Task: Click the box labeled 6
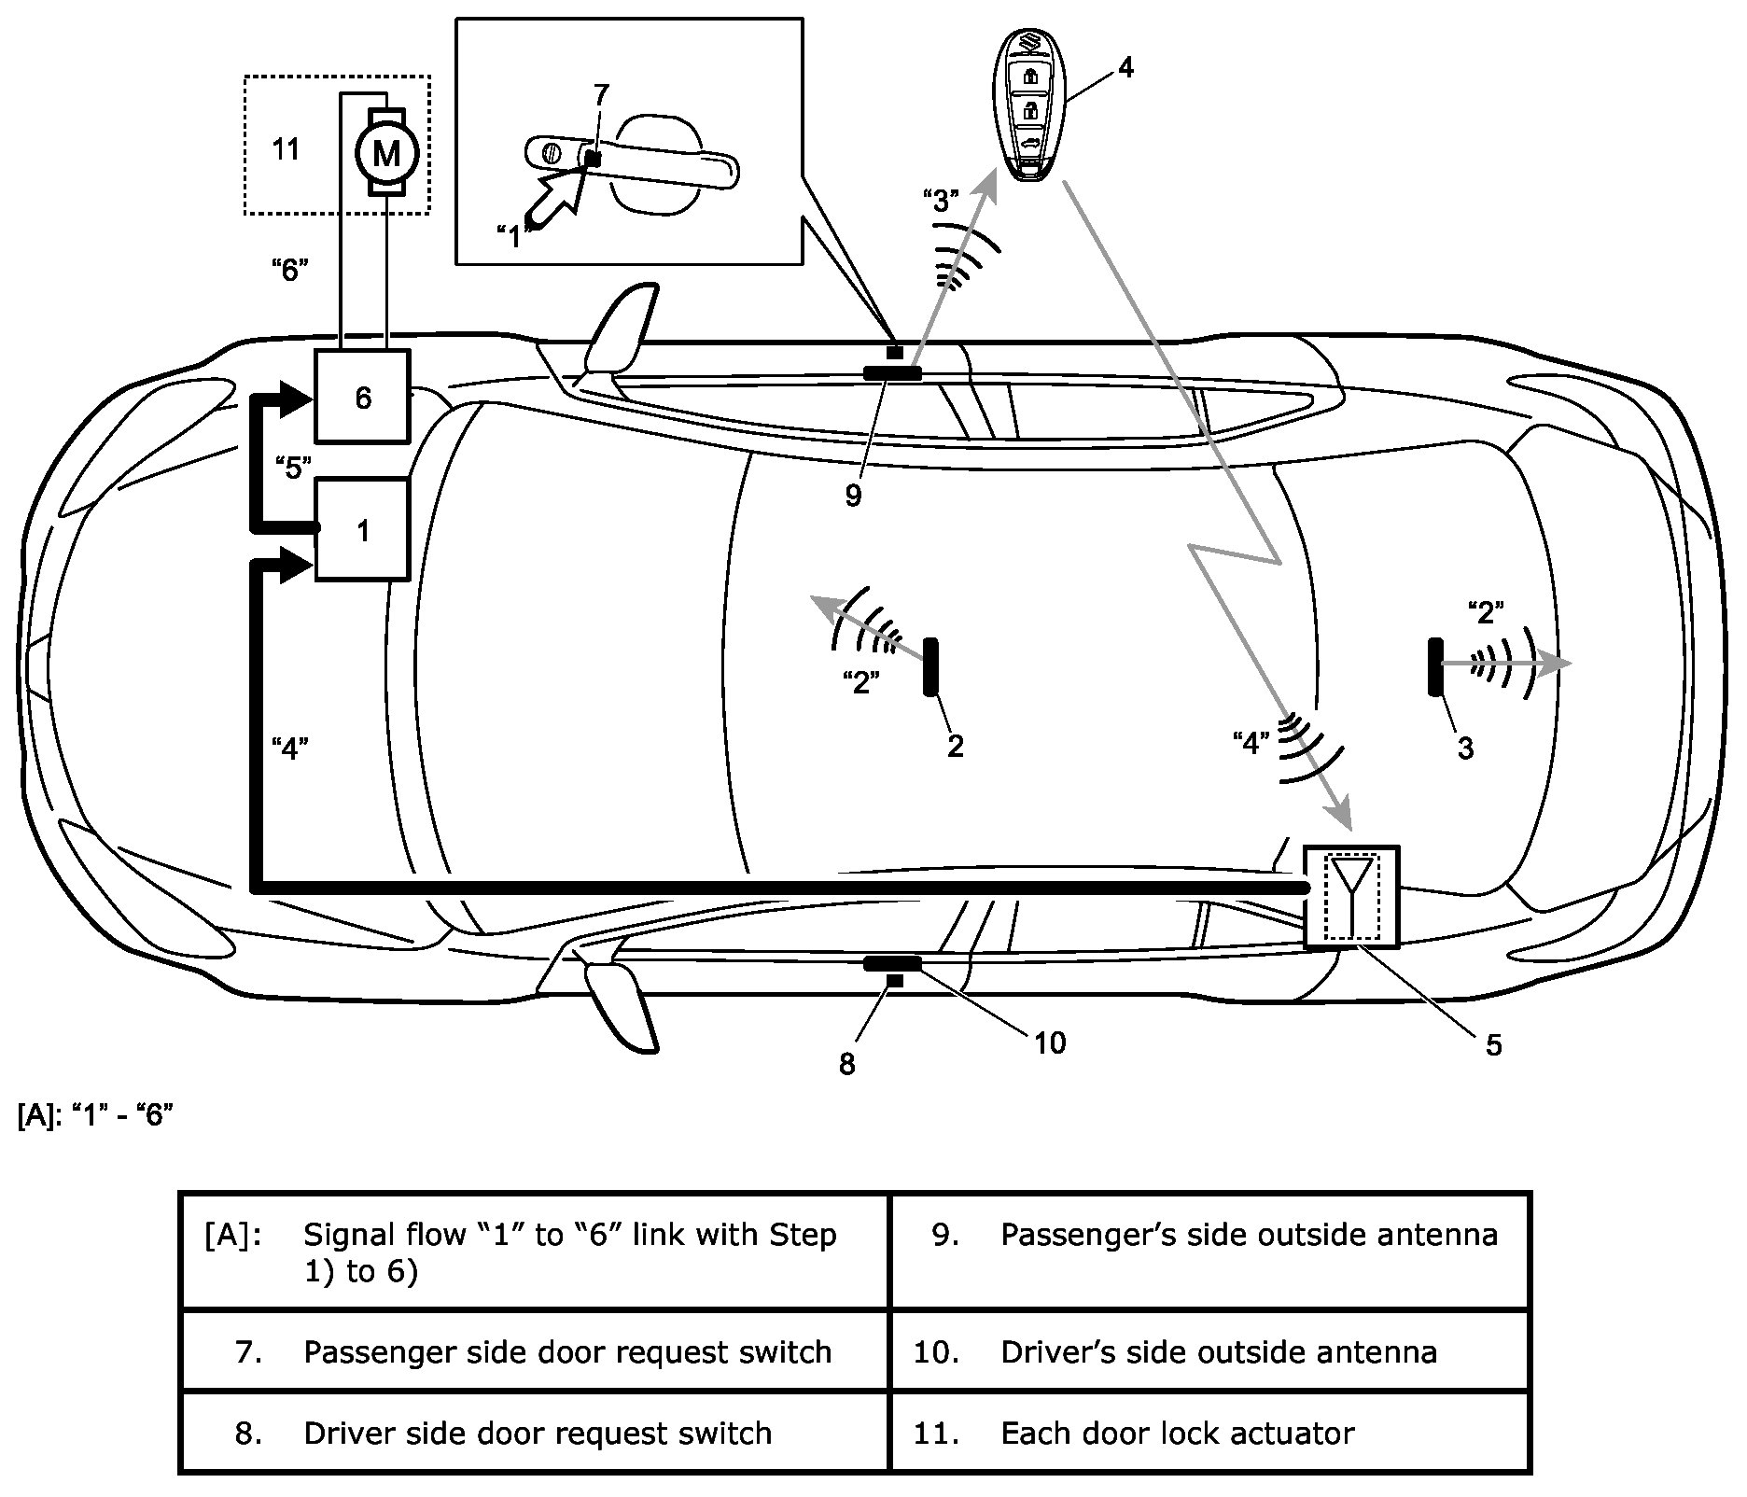tap(362, 397)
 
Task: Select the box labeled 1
tap(362, 529)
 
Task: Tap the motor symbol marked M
tap(385, 151)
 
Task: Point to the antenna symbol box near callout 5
tap(1350, 897)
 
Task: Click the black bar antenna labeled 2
tap(929, 666)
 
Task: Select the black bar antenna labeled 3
tap(1433, 666)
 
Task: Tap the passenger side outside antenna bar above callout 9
tap(892, 373)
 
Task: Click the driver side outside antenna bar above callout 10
tap(892, 963)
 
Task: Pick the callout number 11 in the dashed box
tap(285, 148)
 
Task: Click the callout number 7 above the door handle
tap(601, 94)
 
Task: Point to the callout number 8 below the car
tap(846, 1063)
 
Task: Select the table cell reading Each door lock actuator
tap(1209, 1433)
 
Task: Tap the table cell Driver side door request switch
tap(535, 1433)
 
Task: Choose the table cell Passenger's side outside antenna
tap(1209, 1234)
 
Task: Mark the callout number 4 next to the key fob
tap(1125, 67)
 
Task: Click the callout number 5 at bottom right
tap(1493, 1044)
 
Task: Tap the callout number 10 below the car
tap(1050, 1042)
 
